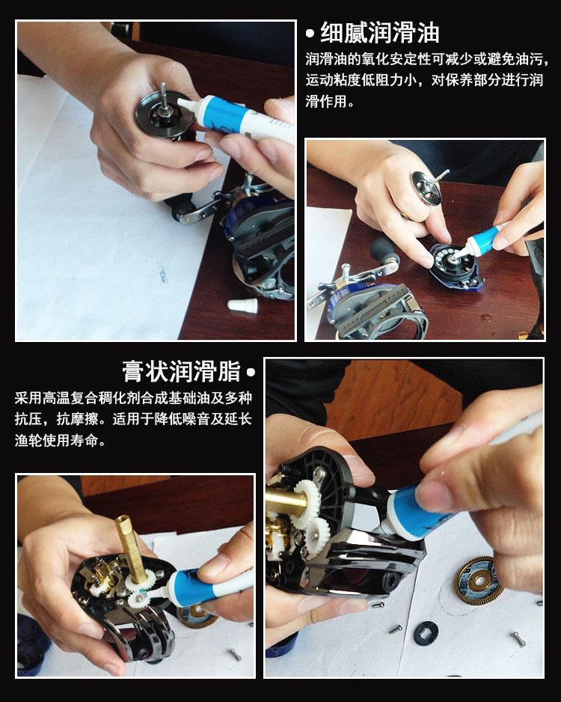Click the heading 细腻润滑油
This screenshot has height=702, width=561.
point(379,33)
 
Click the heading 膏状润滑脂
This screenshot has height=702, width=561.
point(181,371)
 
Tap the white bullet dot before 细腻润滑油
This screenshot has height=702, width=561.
point(310,34)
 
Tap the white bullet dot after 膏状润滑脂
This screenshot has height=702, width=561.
point(251,372)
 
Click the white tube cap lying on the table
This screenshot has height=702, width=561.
point(242,306)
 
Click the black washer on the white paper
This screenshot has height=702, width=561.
point(426,633)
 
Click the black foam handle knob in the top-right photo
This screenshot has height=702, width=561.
point(384,252)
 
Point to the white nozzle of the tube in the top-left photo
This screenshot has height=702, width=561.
point(187,104)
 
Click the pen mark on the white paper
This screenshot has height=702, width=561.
point(162,272)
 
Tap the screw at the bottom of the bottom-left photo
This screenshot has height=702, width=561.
point(234,655)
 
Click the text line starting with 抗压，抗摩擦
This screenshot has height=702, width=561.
point(133,419)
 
